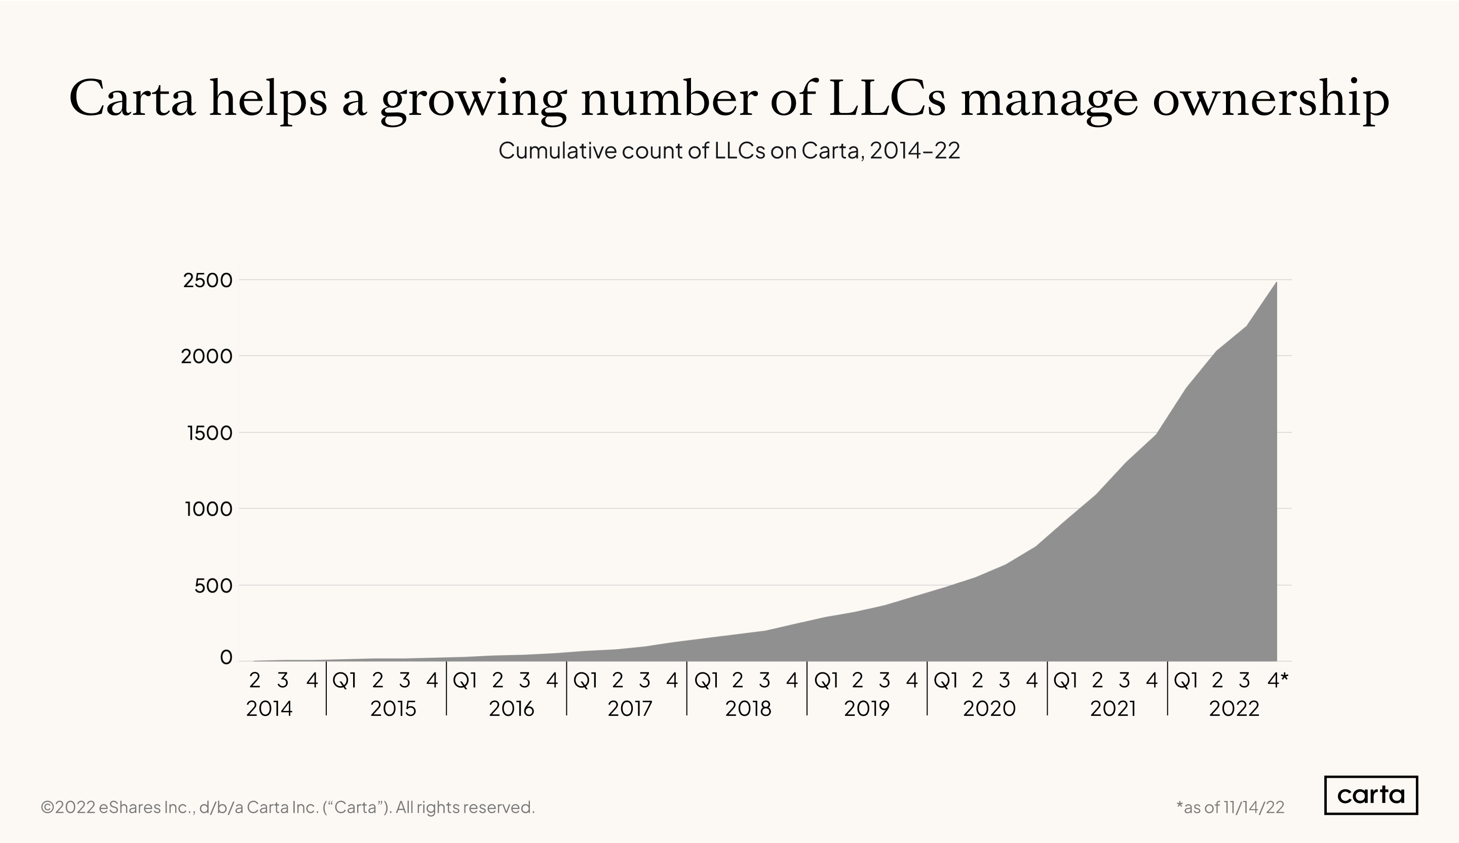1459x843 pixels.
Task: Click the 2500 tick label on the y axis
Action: pyautogui.click(x=207, y=280)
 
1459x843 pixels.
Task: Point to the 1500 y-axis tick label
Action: pyautogui.click(x=209, y=433)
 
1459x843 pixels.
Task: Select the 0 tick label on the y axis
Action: pyautogui.click(x=226, y=657)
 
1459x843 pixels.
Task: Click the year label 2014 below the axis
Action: pyautogui.click(x=269, y=709)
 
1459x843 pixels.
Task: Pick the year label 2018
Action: pyautogui.click(x=748, y=709)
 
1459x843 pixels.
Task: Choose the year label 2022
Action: pyautogui.click(x=1234, y=709)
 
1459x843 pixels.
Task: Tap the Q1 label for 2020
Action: pyautogui.click(x=945, y=681)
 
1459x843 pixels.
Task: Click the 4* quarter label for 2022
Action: pyautogui.click(x=1277, y=681)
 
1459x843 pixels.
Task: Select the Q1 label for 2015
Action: pyautogui.click(x=344, y=681)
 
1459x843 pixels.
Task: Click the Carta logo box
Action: pyautogui.click(x=1370, y=795)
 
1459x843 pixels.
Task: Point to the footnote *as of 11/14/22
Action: pyautogui.click(x=1231, y=807)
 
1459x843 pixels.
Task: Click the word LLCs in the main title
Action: pyautogui.click(x=887, y=98)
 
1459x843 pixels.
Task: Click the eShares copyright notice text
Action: pyautogui.click(x=288, y=807)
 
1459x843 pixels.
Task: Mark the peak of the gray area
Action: pyautogui.click(x=1276, y=283)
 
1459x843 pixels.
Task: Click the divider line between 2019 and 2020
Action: pyautogui.click(x=927, y=689)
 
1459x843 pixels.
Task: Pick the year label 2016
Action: pyautogui.click(x=511, y=709)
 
